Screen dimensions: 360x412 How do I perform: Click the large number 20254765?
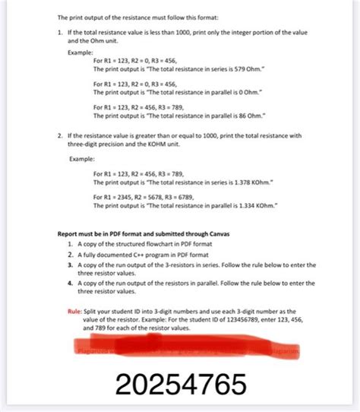(x=180, y=385)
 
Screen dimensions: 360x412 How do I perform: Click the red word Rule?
(x=76, y=311)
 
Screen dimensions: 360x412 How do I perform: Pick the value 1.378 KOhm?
(x=269, y=183)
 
